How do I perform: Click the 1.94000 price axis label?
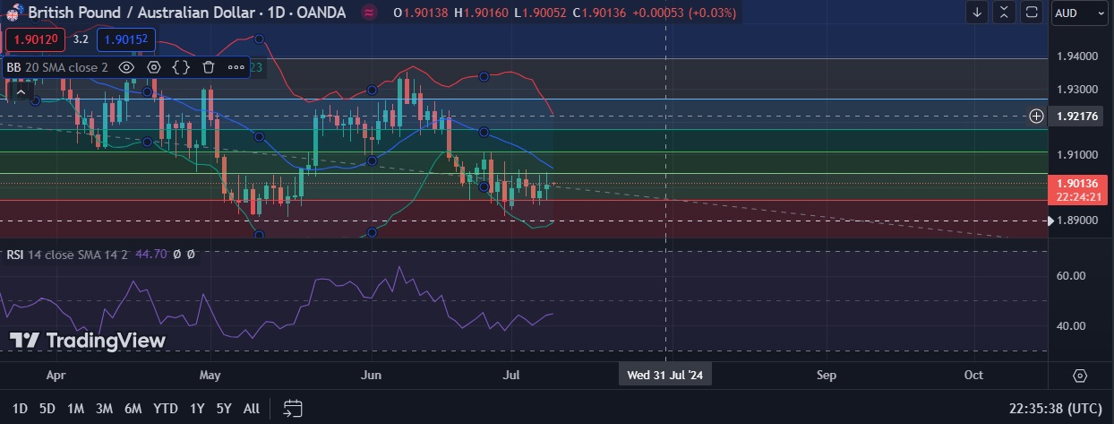1077,56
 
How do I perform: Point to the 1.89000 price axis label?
1077,221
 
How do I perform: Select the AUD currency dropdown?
1077,13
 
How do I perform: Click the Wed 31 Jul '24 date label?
666,375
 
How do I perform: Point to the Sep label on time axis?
827,375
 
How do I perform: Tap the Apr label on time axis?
56,375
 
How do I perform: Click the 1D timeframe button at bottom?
20,409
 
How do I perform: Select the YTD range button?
165,409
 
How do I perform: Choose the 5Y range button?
224,409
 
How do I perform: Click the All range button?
252,409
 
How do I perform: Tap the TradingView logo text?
88,341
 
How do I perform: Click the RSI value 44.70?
150,255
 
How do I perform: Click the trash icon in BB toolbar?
209,66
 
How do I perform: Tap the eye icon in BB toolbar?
126,66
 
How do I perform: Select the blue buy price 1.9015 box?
126,39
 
